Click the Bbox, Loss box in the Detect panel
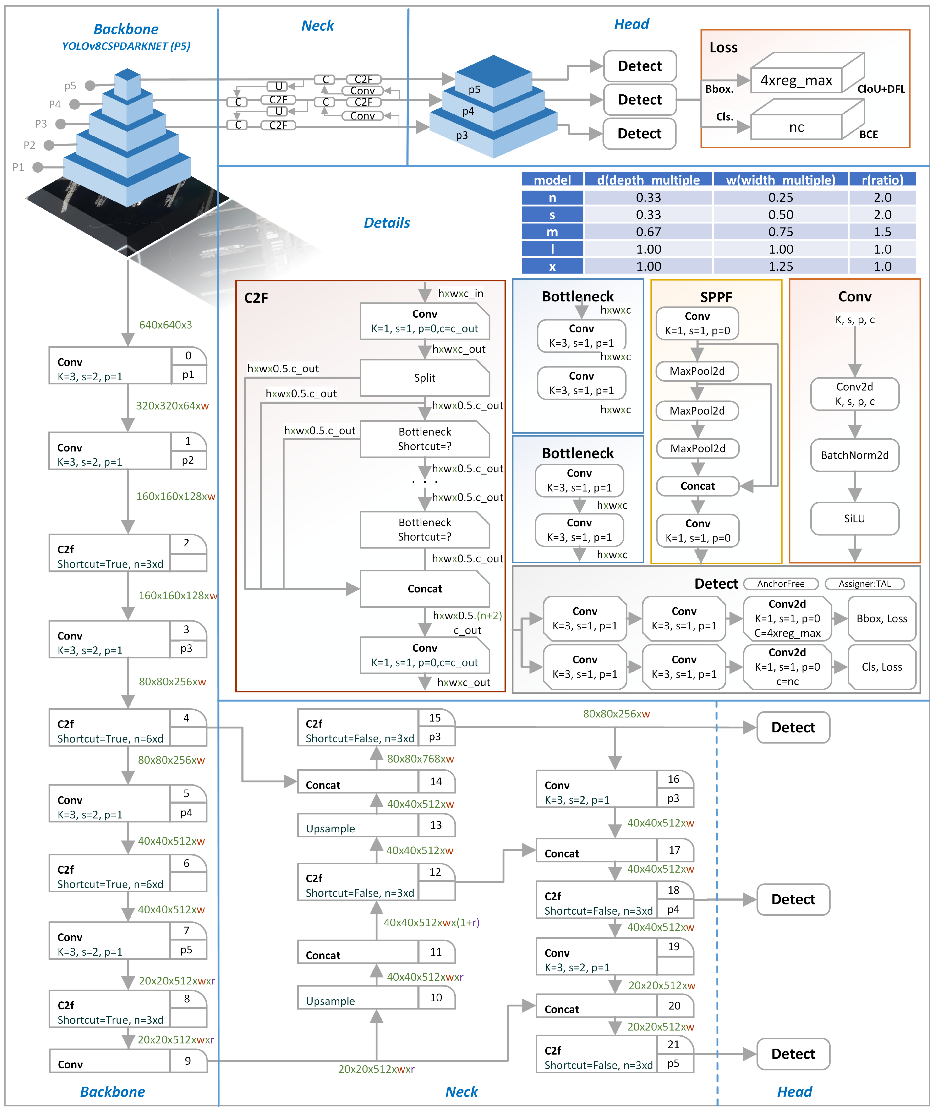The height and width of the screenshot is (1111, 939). coord(882,619)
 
